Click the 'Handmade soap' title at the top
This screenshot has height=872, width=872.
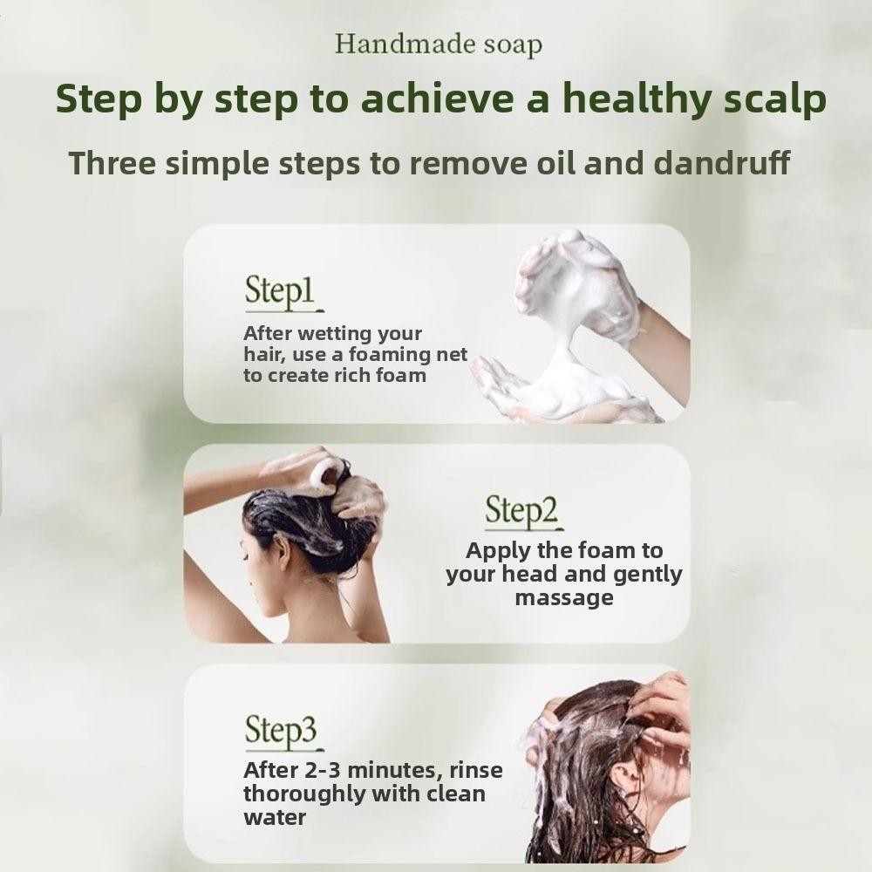tap(439, 45)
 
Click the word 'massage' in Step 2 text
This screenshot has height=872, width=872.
tap(564, 598)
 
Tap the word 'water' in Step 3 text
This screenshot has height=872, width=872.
tap(275, 818)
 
